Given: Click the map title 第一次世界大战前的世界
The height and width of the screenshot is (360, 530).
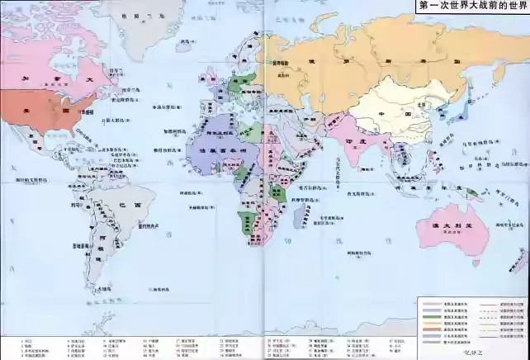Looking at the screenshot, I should point(472,6).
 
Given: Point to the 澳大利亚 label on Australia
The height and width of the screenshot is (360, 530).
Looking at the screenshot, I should point(452,225).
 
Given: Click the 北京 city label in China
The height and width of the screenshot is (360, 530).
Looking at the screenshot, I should point(424,105).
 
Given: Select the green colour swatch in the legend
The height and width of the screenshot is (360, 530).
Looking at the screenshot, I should point(429,317).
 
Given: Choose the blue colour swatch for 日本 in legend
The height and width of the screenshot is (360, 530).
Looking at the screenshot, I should point(429,335).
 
